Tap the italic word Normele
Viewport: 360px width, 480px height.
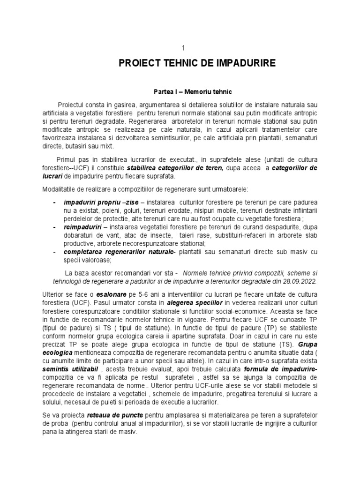[x=196, y=272]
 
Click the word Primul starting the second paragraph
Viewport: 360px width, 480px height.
[x=67, y=160]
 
